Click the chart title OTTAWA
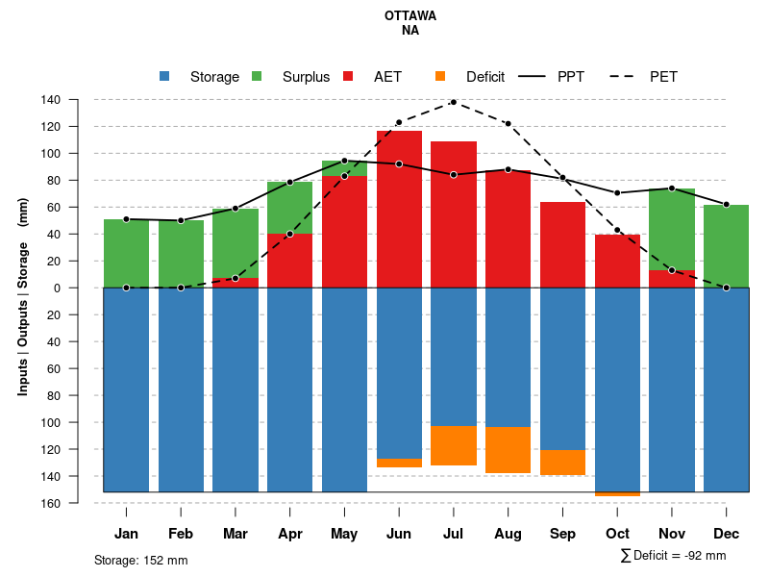coord(409,15)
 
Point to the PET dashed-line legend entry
coord(663,77)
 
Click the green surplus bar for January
coord(126,253)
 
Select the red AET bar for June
coord(399,209)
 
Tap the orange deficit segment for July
coord(454,445)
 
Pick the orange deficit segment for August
coord(509,449)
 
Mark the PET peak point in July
coord(454,102)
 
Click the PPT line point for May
coord(344,161)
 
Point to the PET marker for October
coord(618,230)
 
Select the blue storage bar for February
coord(181,389)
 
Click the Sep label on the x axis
coord(563,534)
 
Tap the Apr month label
coord(289,534)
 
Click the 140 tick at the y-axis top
coord(78,100)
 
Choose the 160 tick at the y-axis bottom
coord(78,503)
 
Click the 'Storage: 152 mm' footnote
coord(140,560)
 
